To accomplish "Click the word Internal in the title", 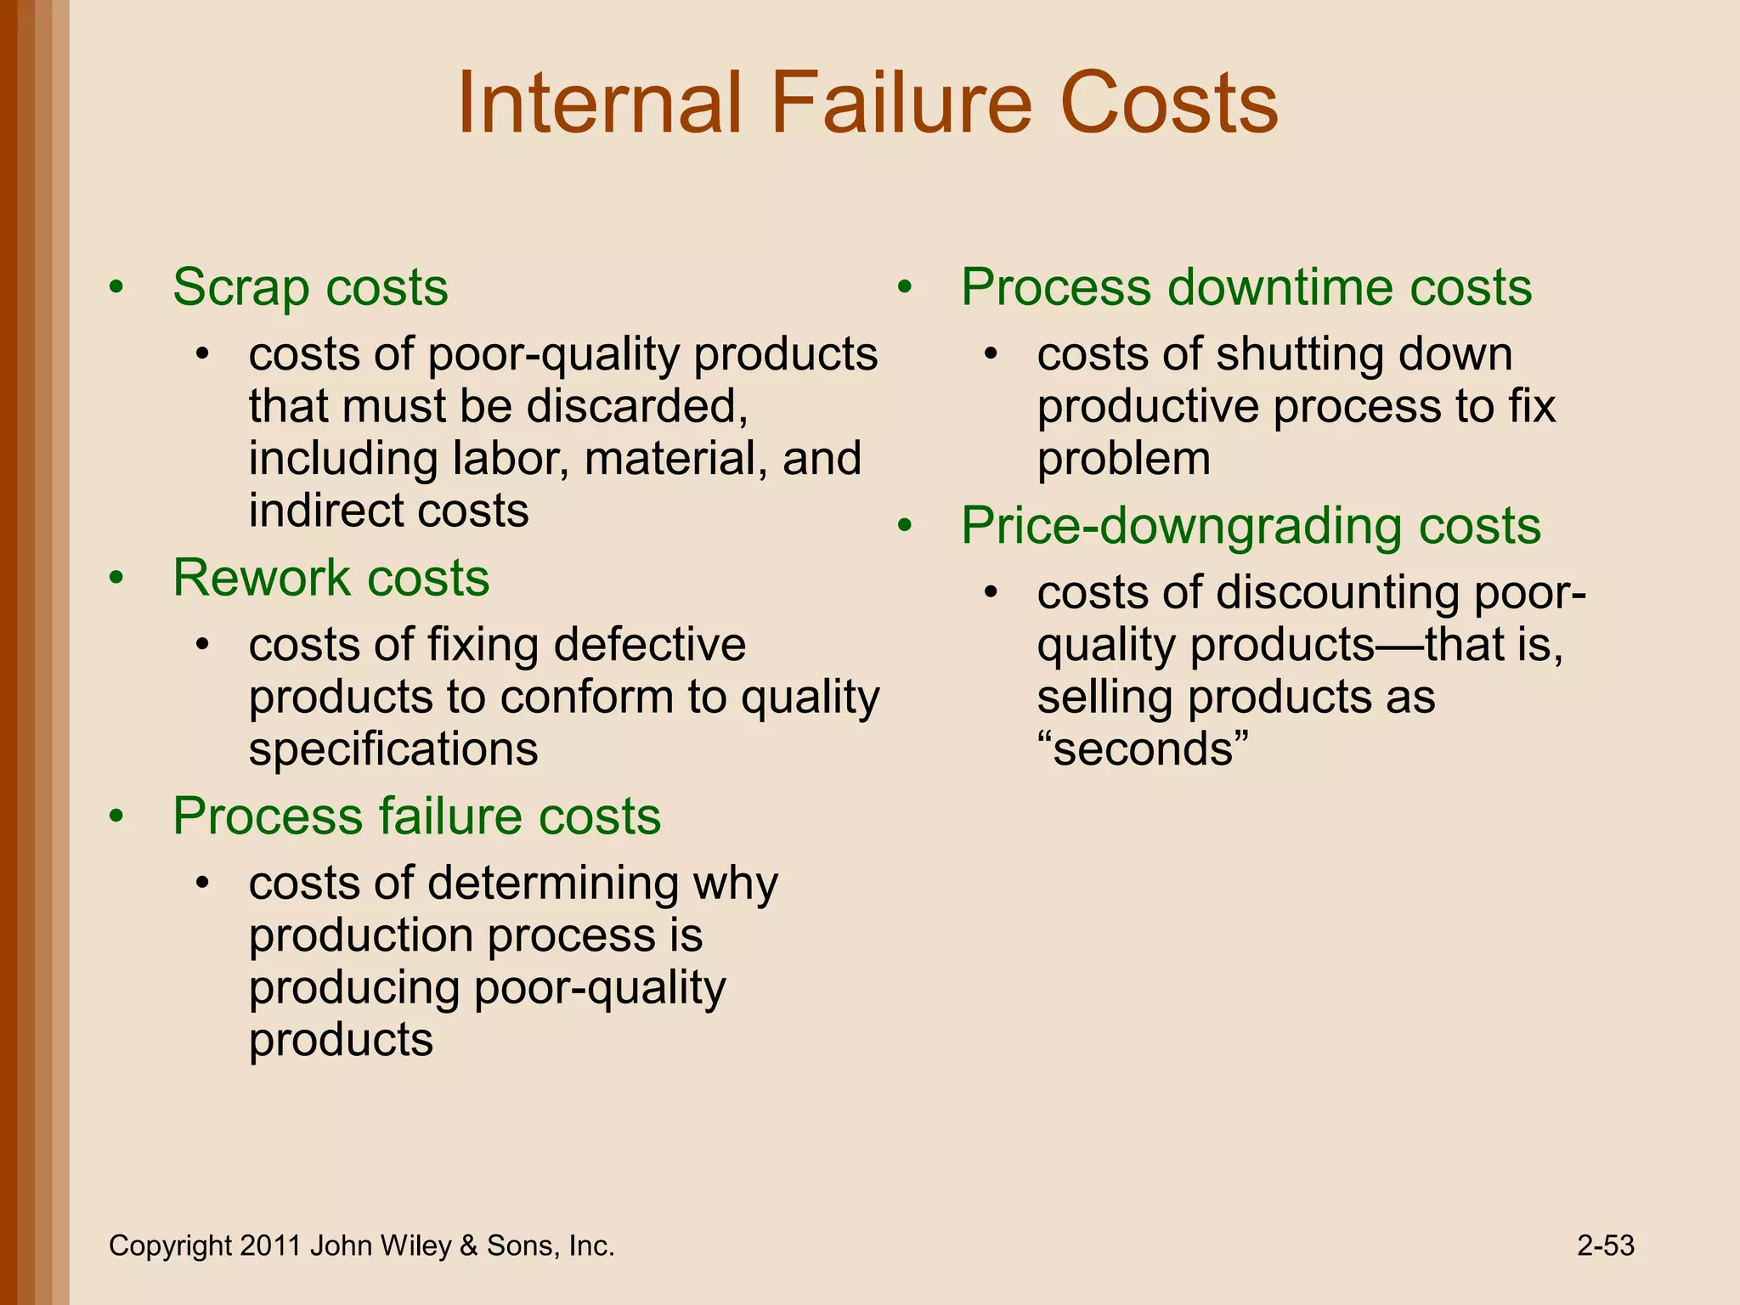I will (x=599, y=104).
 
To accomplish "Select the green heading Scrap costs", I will (x=310, y=287).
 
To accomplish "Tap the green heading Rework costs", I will (x=330, y=578).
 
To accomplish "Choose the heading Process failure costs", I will (x=416, y=816).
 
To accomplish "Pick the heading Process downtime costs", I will (x=1246, y=287).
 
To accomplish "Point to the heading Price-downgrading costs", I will (x=1250, y=526).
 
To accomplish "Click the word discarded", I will (x=636, y=406).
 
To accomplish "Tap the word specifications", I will (x=393, y=749).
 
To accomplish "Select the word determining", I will (x=553, y=884).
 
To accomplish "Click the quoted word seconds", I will (x=1144, y=749).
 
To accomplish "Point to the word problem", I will (x=1123, y=460).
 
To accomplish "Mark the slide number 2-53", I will (x=1605, y=1246).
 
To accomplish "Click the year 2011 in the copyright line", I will (x=270, y=1246).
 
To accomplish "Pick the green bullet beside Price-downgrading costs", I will (x=905, y=528).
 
